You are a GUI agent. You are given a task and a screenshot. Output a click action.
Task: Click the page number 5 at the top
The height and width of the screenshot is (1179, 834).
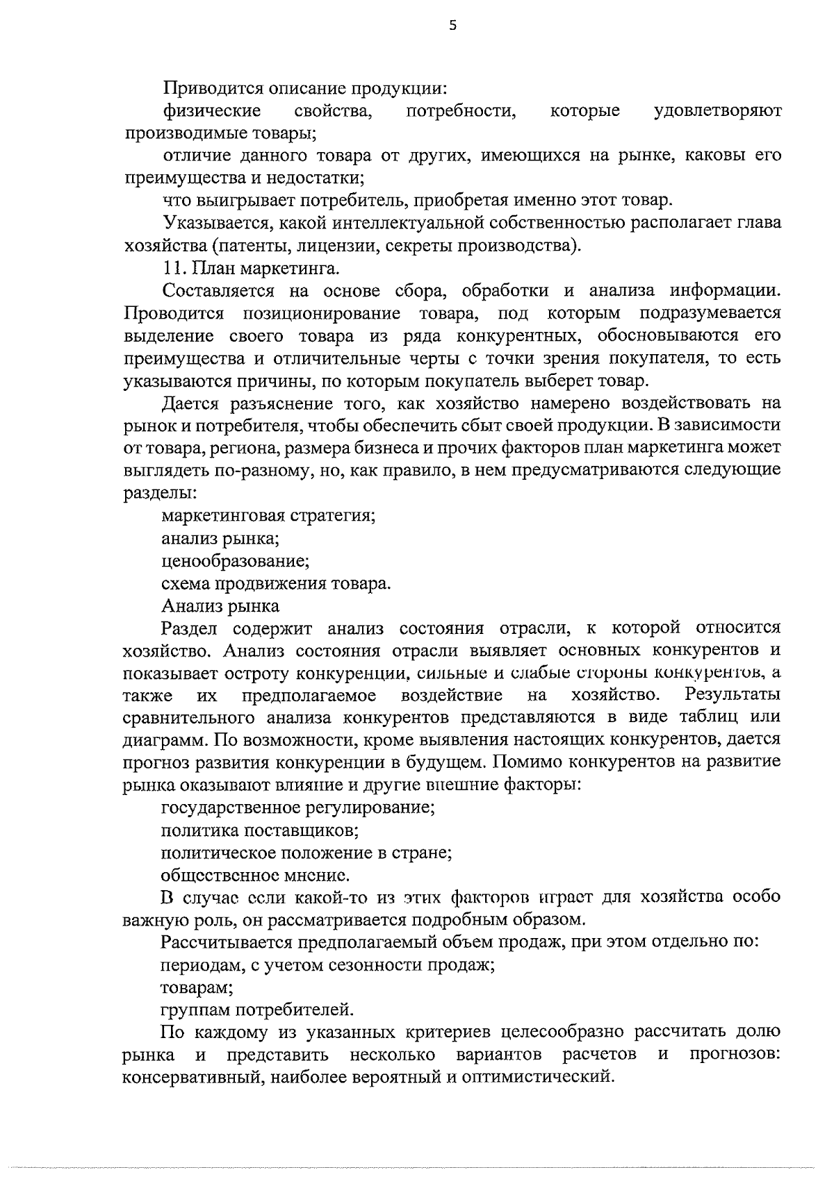click(x=453, y=26)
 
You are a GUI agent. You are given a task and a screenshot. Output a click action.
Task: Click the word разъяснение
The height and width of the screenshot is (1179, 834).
click(x=271, y=403)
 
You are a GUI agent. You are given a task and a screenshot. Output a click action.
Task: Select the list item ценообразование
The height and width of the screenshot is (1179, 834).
click(x=235, y=560)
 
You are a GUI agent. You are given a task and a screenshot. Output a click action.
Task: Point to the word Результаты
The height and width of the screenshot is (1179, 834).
click(x=732, y=694)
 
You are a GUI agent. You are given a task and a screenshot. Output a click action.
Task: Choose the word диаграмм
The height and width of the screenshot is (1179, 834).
click(x=161, y=740)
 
